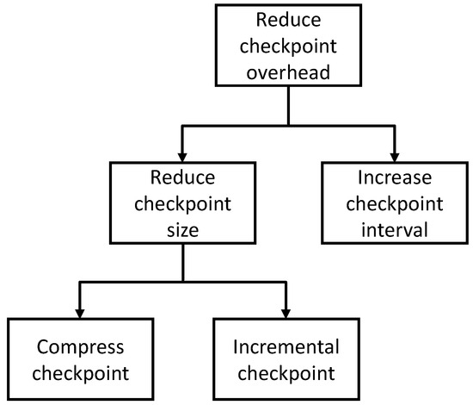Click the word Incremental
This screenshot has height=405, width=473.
pos(286,347)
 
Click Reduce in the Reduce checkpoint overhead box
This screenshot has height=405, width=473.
pos(288,19)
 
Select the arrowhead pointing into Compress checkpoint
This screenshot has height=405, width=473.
pos(80,311)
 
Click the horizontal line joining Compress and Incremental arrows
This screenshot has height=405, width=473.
pos(182,279)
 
